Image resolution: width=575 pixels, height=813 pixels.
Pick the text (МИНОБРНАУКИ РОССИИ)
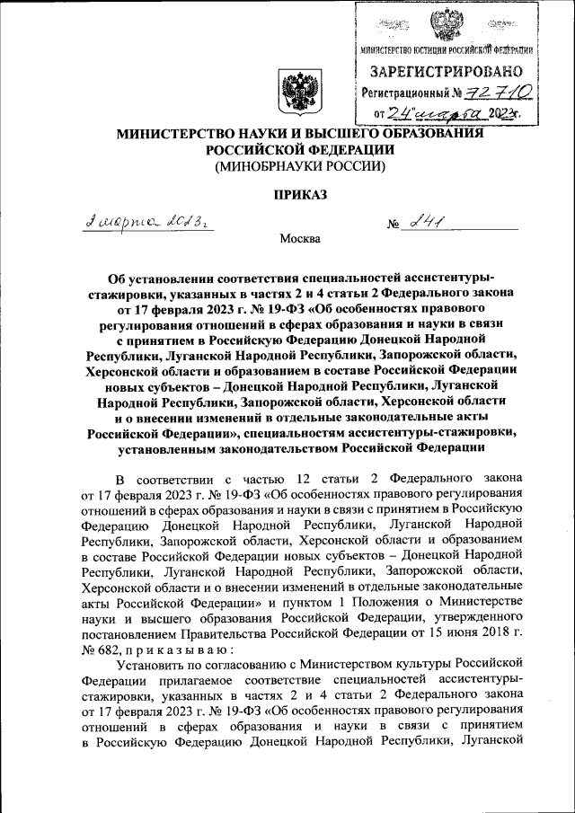click(298, 166)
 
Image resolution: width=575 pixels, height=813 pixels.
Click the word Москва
click(299, 239)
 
